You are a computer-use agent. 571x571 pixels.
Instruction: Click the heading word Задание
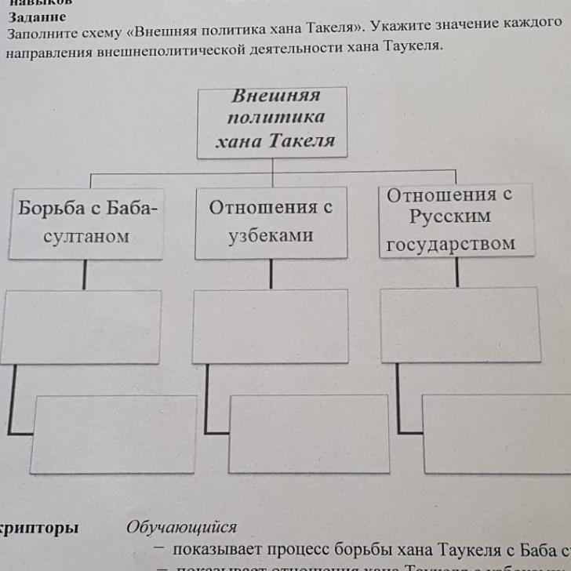click(37, 16)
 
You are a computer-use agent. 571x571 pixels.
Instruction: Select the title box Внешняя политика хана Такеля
click(272, 122)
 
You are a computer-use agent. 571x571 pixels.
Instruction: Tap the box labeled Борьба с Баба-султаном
click(87, 223)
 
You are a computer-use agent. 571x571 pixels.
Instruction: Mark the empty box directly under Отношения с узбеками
click(271, 326)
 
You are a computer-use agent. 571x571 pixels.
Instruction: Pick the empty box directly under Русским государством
click(460, 325)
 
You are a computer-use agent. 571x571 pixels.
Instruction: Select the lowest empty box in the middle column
click(308, 434)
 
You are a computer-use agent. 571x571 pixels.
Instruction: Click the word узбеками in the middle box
click(271, 235)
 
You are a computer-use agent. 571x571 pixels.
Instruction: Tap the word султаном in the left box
click(87, 236)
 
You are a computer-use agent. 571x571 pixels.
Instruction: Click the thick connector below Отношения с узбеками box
click(271, 274)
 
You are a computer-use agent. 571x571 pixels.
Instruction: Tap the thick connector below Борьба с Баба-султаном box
click(84, 275)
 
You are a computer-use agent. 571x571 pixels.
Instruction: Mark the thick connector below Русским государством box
click(456, 272)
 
